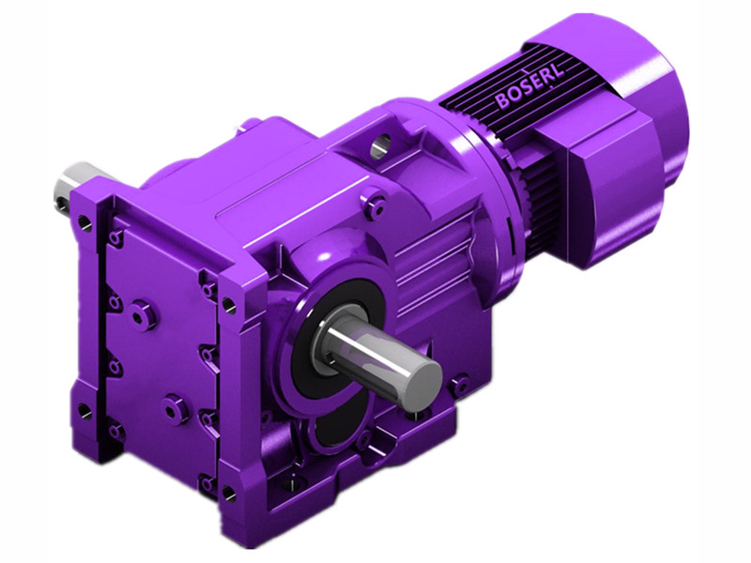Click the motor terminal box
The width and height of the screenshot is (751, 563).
click(607, 190)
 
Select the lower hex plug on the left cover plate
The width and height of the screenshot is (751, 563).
click(175, 404)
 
